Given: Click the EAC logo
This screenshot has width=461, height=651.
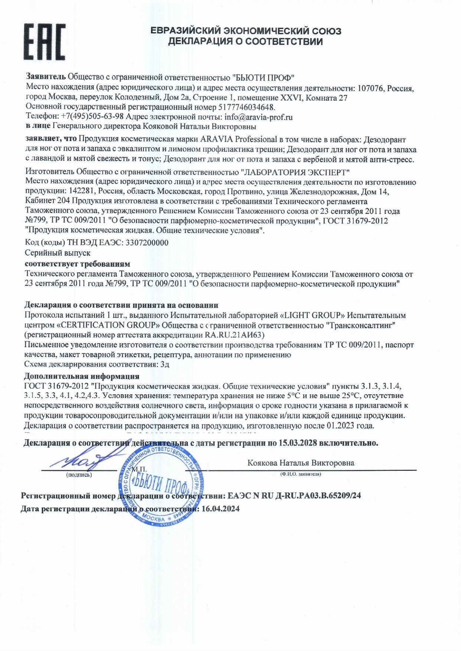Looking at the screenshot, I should [x=45, y=42].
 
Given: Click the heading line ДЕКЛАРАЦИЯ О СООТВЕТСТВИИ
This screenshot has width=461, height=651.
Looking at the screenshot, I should [x=246, y=42].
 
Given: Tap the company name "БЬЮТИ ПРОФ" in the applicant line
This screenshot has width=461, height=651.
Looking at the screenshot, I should [x=263, y=77].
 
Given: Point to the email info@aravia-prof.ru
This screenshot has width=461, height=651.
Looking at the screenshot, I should [x=258, y=117].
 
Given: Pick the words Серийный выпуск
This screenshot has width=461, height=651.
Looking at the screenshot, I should [x=58, y=253].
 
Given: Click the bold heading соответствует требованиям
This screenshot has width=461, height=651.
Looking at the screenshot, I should [x=77, y=264].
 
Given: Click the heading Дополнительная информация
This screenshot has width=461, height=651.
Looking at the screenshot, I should [x=82, y=376].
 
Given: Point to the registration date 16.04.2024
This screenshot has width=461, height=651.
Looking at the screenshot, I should [x=220, y=508].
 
